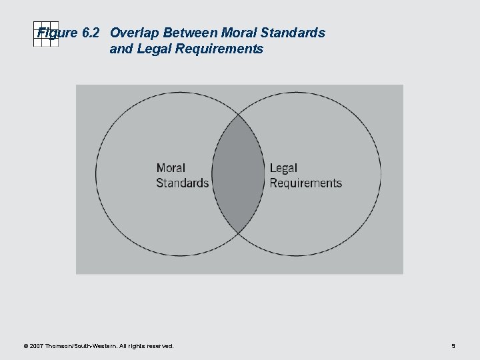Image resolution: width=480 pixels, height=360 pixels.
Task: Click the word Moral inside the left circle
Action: (171, 168)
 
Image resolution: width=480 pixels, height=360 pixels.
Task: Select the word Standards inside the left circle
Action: (182, 183)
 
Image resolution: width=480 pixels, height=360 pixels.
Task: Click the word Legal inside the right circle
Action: (283, 168)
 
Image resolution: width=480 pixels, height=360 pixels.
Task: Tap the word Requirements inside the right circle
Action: (305, 183)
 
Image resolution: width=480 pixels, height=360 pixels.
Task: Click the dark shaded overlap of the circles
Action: (239, 175)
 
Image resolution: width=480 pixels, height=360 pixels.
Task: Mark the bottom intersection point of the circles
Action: (239, 233)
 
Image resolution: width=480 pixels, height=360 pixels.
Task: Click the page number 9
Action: (453, 346)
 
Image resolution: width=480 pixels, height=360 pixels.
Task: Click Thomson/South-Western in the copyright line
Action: (83, 346)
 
